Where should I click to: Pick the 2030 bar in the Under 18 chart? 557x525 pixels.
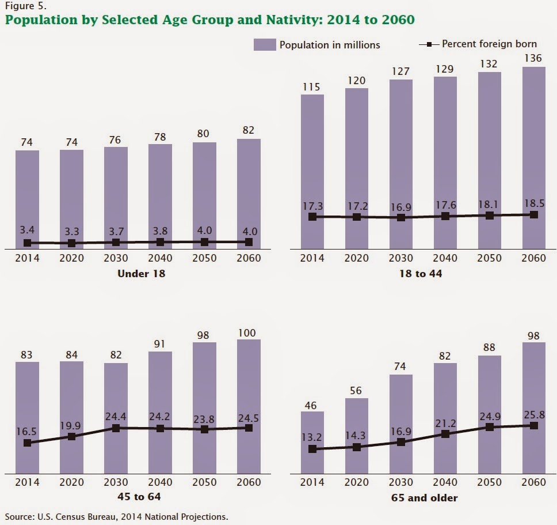click(116, 196)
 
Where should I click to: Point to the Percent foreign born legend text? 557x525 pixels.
click(489, 44)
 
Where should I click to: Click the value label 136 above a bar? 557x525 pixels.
click(533, 58)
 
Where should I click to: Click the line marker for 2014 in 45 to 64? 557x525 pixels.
click(27, 443)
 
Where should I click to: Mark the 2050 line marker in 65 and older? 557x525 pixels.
click(490, 427)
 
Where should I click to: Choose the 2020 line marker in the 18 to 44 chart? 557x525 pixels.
click(357, 217)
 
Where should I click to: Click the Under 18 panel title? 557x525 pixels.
click(141, 274)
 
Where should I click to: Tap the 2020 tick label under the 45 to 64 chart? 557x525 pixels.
click(71, 482)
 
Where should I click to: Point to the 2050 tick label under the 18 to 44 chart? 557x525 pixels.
click(490, 258)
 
